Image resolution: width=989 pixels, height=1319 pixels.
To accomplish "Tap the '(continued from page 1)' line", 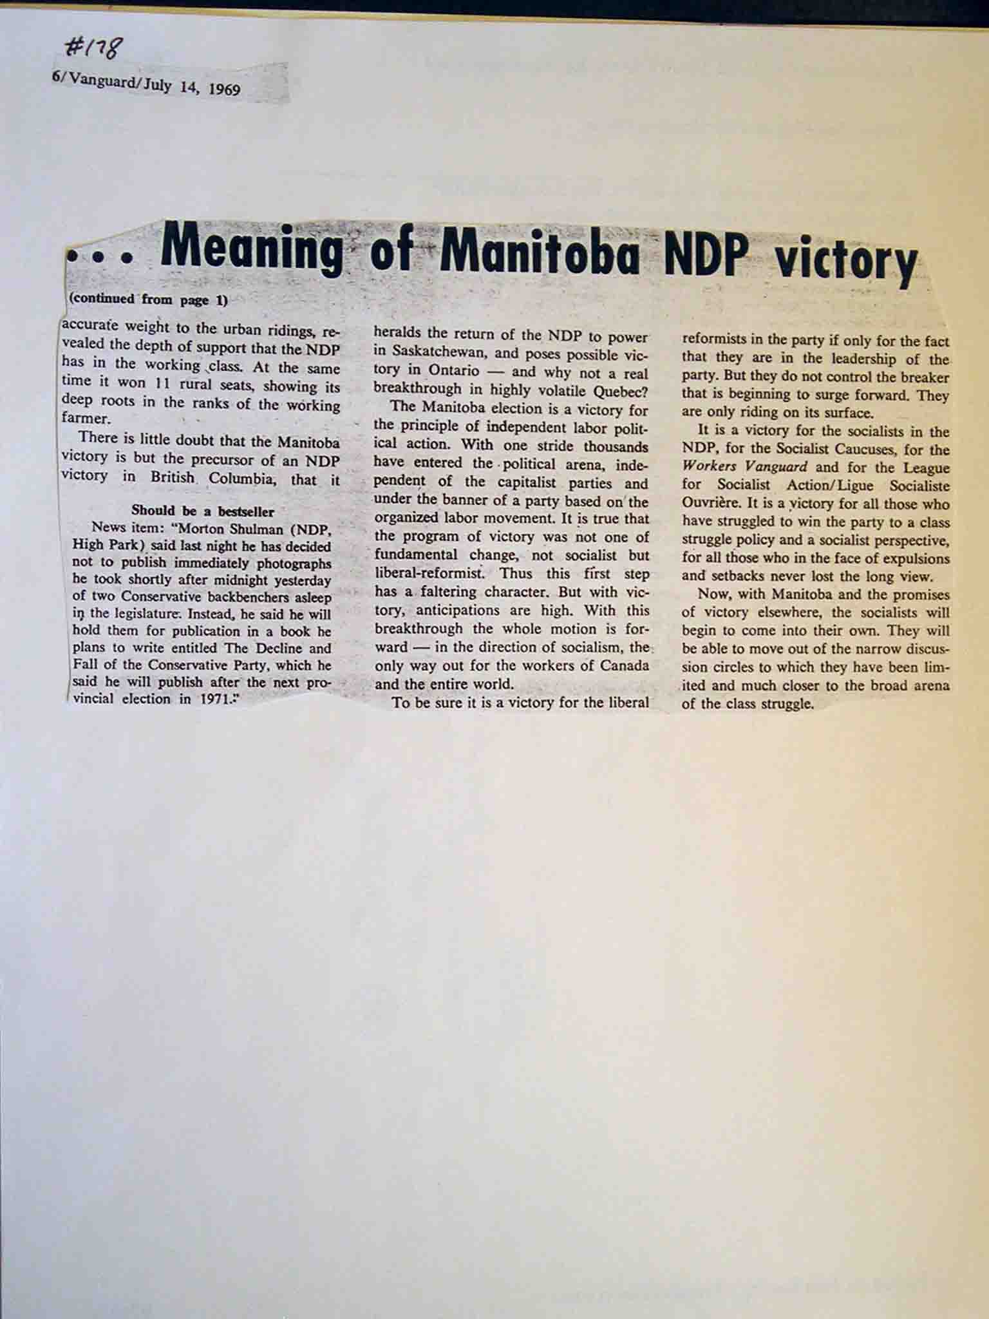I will [147, 299].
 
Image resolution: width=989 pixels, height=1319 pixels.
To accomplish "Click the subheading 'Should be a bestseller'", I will [203, 511].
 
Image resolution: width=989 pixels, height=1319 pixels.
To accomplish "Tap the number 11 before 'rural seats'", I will [159, 384].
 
